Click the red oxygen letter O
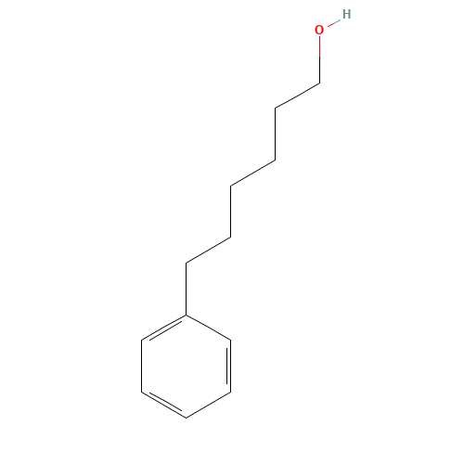tap(319, 30)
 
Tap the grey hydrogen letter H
tap(346, 14)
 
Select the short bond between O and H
tap(334, 23)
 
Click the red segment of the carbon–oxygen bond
tap(319, 46)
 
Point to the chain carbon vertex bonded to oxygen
tap(319, 83)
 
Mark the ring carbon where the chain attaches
tap(186, 315)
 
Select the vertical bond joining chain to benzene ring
tap(186, 289)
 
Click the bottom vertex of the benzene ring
tap(186, 418)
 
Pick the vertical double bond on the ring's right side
tap(229, 367)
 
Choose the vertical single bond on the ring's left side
tap(141, 367)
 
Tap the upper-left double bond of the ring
tap(164, 329)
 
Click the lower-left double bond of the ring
tap(163, 405)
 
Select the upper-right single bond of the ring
tap(208, 328)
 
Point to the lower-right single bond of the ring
tap(208, 405)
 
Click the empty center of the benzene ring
tap(186, 367)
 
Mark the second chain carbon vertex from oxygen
tap(276, 109)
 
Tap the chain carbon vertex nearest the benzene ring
tap(186, 264)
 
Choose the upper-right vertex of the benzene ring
tap(230, 341)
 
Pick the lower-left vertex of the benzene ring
tap(141, 393)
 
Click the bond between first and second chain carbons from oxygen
tap(297, 96)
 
